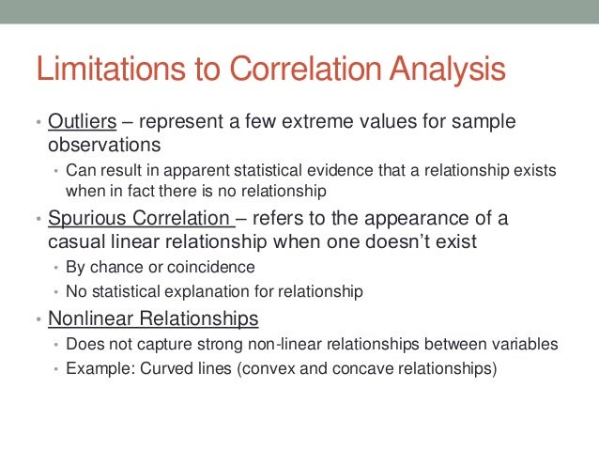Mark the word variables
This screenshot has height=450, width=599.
coord(526,344)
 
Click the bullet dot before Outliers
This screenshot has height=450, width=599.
coord(38,126)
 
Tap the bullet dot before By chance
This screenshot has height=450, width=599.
coord(55,267)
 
